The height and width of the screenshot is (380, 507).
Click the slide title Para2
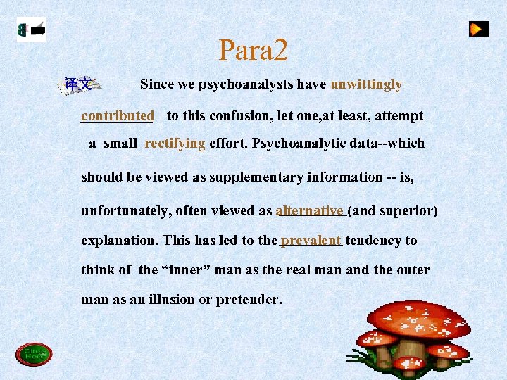pos(253,50)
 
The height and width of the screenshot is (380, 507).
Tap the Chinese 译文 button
pos(78,84)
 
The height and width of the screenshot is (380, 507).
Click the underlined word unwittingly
pos(366,84)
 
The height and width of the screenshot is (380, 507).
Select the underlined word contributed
pos(118,115)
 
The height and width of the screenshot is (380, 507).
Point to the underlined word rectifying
pos(175,143)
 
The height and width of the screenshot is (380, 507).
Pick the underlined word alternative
pos(310,210)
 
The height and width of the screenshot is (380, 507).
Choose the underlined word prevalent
pos(311,240)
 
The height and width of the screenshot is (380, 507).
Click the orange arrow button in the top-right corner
pos(479,29)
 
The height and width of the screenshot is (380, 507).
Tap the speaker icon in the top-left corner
pos(32,30)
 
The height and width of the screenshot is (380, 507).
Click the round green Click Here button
pos(33,354)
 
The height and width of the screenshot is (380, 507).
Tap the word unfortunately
pos(126,210)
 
